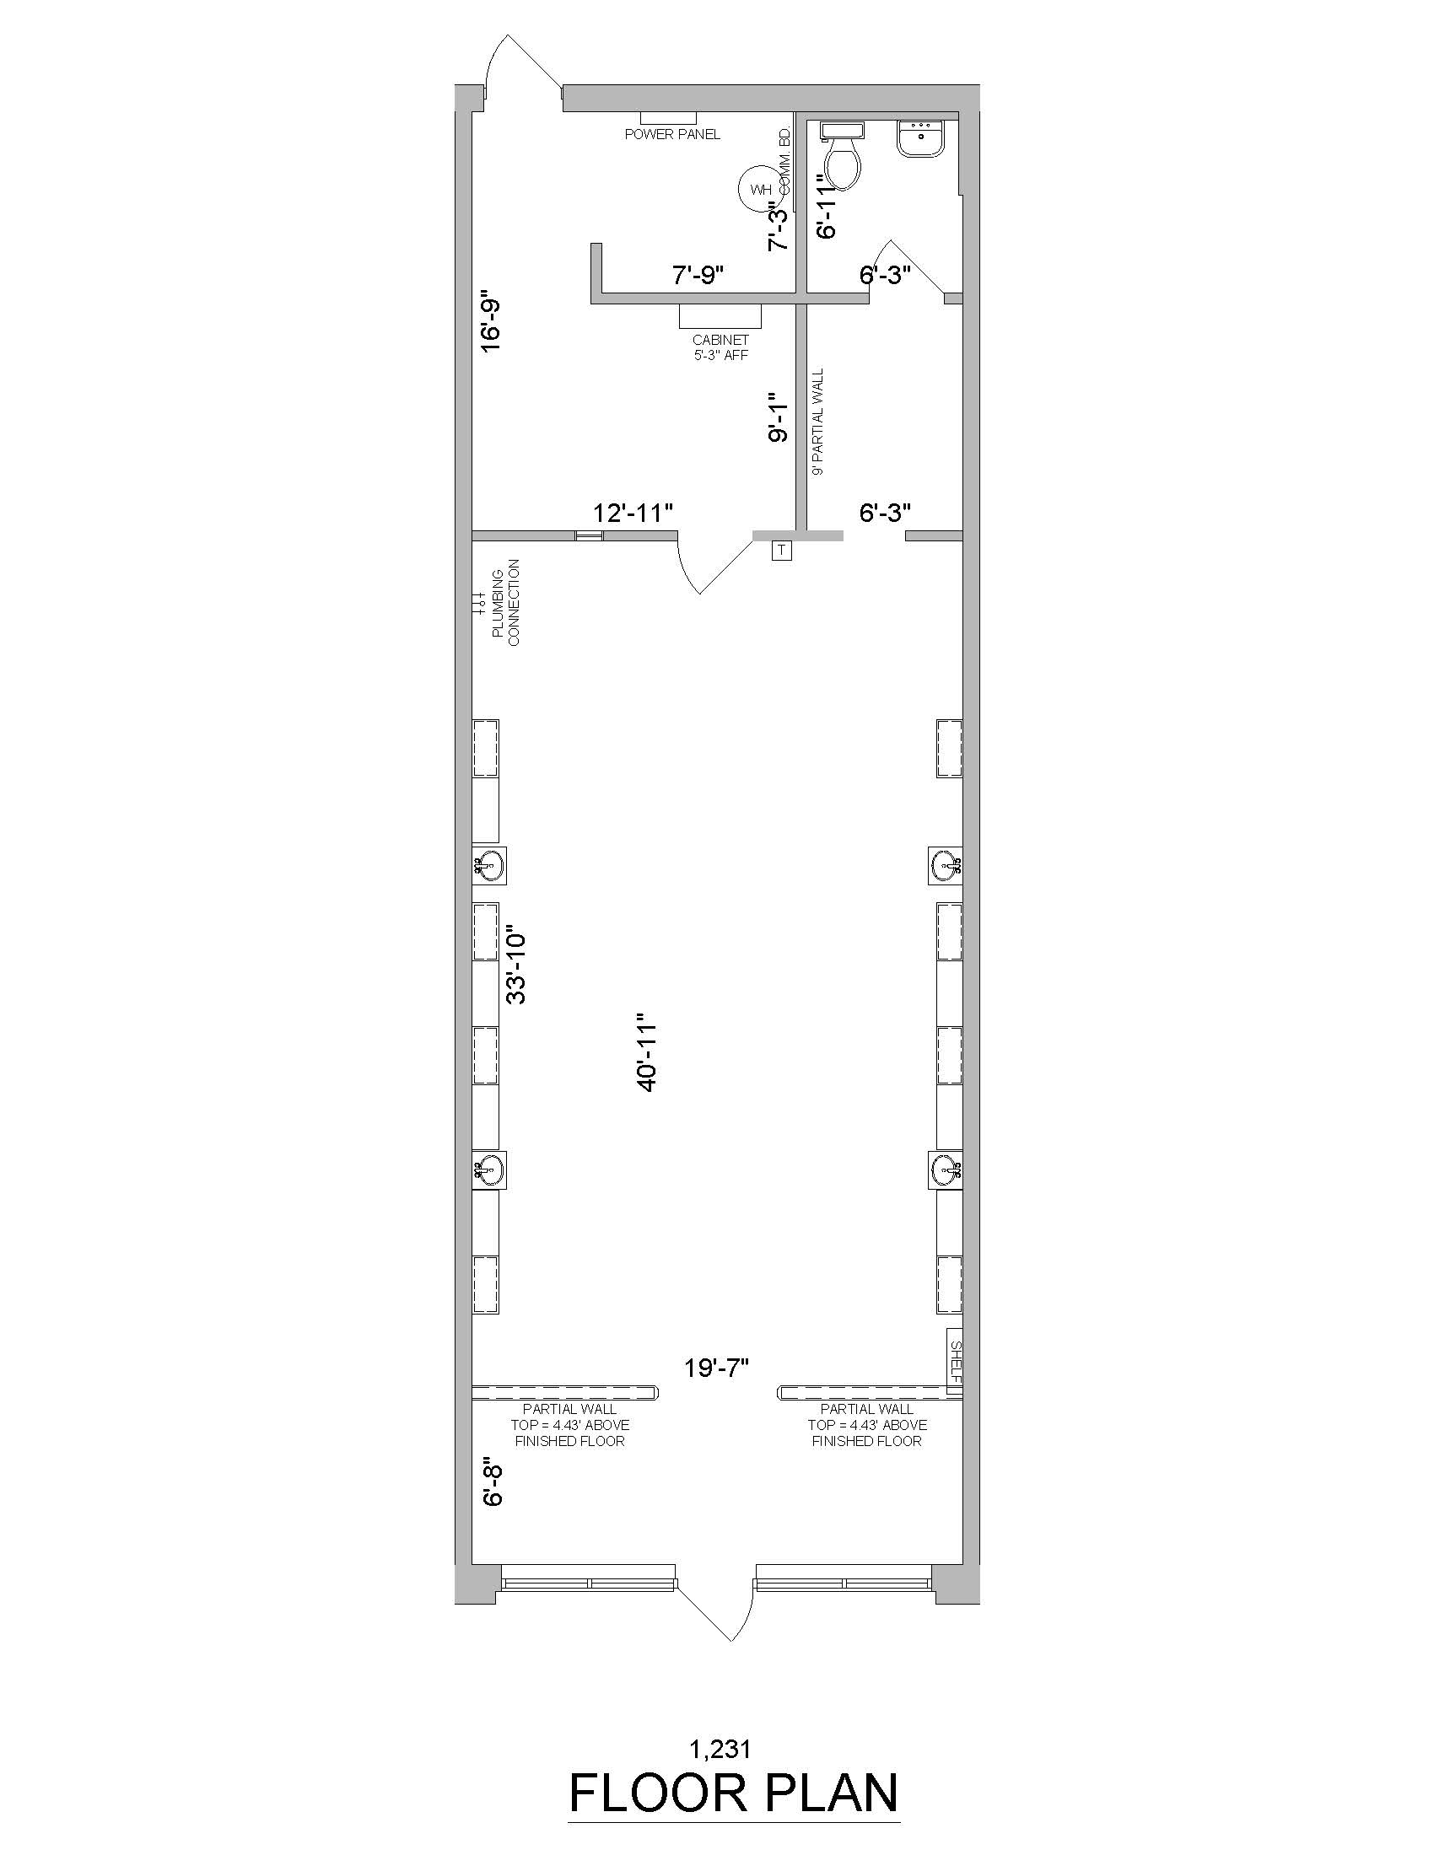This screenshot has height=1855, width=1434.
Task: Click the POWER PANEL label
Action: pyautogui.click(x=673, y=134)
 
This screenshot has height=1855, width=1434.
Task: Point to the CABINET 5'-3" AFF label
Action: pyautogui.click(x=720, y=347)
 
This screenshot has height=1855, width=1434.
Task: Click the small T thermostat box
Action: pyautogui.click(x=782, y=551)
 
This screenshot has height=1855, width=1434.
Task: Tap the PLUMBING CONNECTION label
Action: pyautogui.click(x=506, y=601)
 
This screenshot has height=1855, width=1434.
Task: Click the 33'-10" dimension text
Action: pyautogui.click(x=515, y=965)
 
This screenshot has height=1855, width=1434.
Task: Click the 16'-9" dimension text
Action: pyautogui.click(x=491, y=324)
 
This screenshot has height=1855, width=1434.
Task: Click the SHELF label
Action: pyautogui.click(x=955, y=1361)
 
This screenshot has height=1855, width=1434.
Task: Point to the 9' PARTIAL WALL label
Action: pyautogui.click(x=818, y=422)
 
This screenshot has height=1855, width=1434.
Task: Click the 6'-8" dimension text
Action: pyautogui.click(x=493, y=1484)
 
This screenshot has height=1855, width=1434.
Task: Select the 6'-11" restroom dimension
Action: pyautogui.click(x=827, y=207)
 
